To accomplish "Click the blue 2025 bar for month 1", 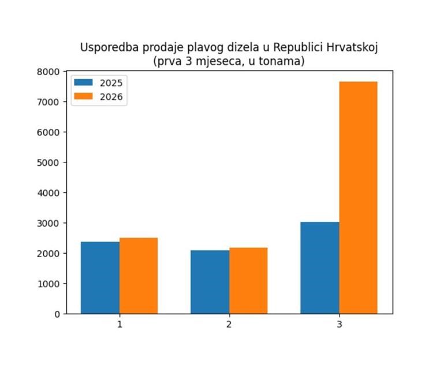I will click(x=100, y=277).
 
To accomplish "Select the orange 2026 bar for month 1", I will click(x=139, y=276).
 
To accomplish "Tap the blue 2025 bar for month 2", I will click(x=210, y=282).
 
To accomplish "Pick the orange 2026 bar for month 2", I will click(x=248, y=280).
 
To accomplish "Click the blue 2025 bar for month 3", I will click(x=320, y=268).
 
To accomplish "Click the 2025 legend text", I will click(x=111, y=83).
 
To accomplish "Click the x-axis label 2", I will click(x=229, y=325).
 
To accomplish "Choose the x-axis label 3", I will click(x=339, y=325).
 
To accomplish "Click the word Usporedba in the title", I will click(x=106, y=47).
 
